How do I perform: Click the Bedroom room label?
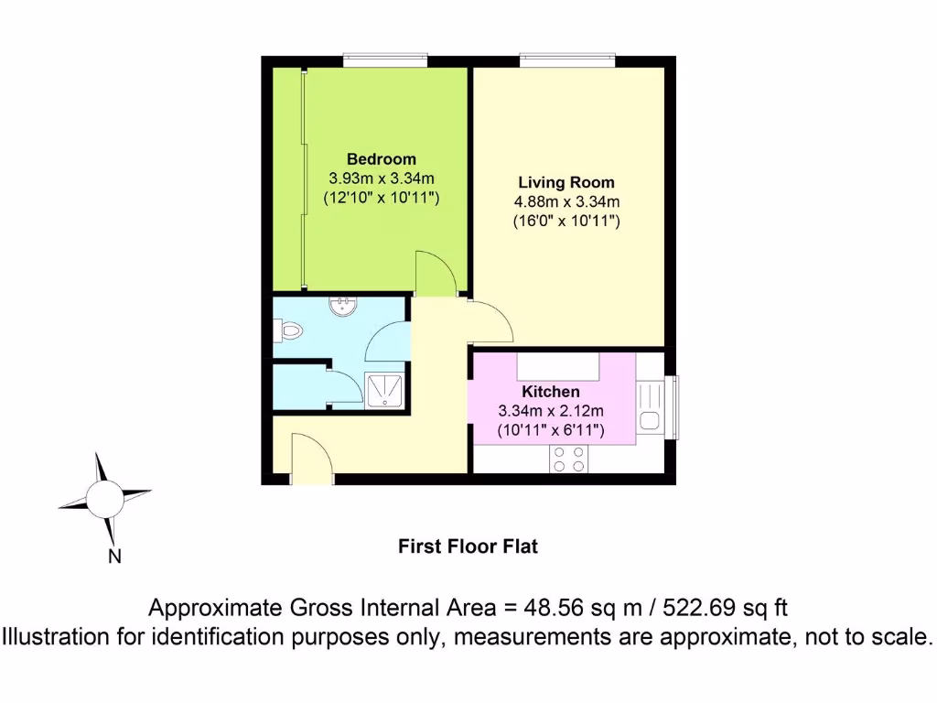[381, 159]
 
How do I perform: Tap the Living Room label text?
[566, 182]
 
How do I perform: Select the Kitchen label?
[551, 392]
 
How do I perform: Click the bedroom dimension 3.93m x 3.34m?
[381, 178]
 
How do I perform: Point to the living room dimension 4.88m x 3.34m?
[566, 201]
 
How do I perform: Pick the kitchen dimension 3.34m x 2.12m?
[551, 410]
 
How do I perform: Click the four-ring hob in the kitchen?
[568, 459]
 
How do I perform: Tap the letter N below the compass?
[115, 556]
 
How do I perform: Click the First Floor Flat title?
[468, 547]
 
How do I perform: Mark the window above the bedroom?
[385, 59]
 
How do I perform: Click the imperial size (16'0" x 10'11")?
[566, 221]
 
